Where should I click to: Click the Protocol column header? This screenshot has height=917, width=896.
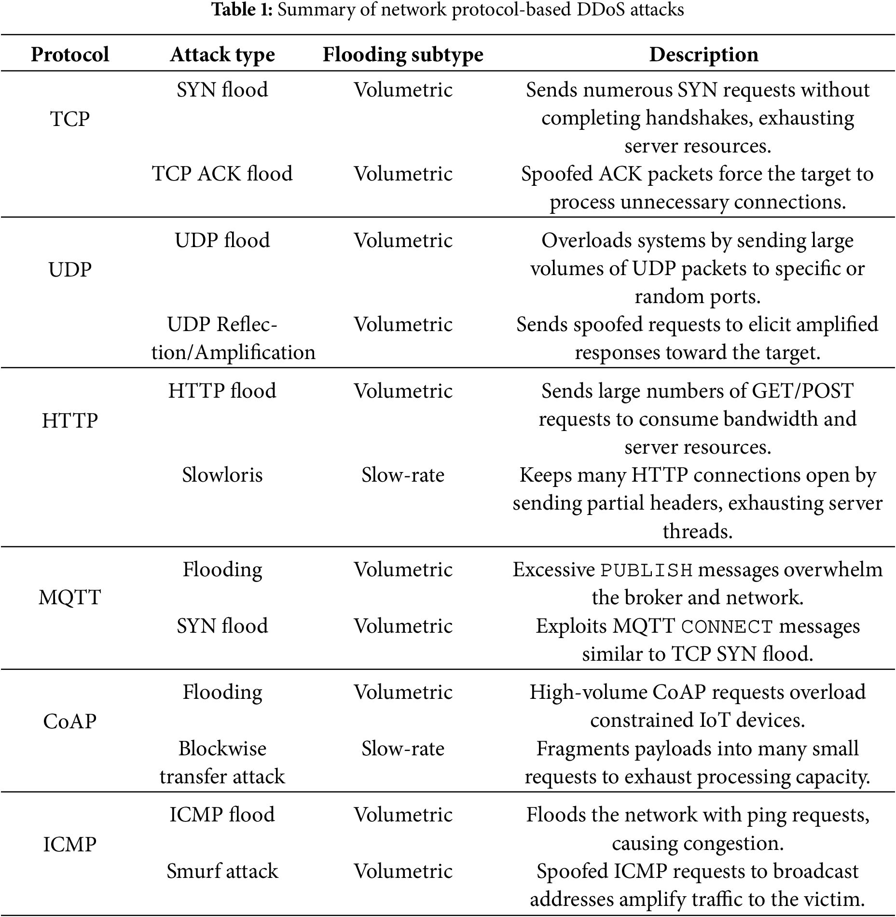pos(70,55)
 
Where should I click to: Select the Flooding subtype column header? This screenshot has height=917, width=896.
pos(403,55)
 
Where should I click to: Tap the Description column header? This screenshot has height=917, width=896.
pos(703,55)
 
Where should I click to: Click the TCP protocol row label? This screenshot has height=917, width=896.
pos(70,119)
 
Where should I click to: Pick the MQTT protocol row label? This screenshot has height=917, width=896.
pos(70,597)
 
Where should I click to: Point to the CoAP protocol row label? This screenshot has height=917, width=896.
pos(70,721)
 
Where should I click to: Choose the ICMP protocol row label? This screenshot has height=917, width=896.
pos(70,845)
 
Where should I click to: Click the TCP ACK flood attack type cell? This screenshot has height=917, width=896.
pos(222,174)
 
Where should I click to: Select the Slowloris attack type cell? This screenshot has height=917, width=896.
pos(222,475)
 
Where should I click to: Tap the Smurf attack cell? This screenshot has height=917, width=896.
pos(222,871)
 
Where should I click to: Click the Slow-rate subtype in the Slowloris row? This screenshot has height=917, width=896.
pos(403,475)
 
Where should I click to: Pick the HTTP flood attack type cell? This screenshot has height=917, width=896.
pos(222,390)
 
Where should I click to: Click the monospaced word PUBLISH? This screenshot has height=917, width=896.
pos(647,570)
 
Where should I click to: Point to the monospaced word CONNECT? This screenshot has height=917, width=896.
pos(727,626)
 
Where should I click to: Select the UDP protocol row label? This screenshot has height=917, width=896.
pos(70,269)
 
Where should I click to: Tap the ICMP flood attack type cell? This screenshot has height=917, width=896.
pos(222,815)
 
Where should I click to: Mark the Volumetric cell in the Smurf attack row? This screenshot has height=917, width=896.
pos(403,871)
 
